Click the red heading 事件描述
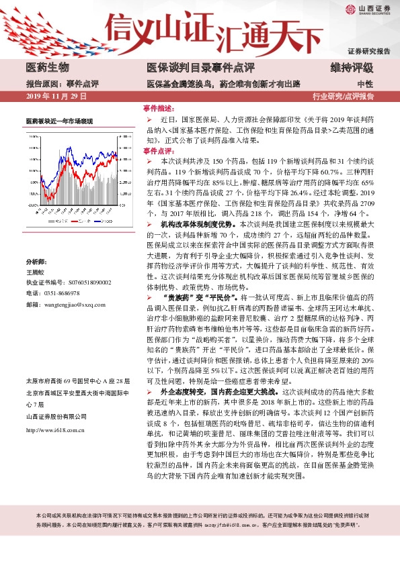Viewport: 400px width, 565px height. pos(159,108)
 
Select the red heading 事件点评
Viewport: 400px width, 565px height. pos(159,151)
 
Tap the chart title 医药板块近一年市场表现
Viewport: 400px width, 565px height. pos(59,121)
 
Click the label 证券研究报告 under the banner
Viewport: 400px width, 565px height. pos(369,52)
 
